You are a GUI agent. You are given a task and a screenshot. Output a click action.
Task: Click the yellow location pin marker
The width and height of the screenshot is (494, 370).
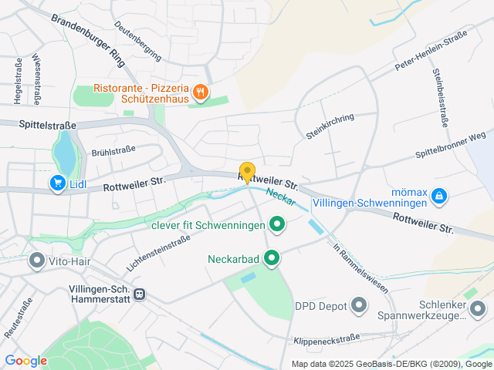click(x=247, y=172)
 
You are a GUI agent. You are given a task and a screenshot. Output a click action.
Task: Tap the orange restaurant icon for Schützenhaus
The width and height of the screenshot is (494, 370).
click(x=200, y=93)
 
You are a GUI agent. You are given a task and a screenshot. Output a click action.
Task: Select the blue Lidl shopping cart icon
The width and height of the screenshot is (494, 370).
click(x=57, y=183)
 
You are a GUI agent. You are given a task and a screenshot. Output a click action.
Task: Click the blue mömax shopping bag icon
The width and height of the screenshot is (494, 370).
click(x=438, y=196)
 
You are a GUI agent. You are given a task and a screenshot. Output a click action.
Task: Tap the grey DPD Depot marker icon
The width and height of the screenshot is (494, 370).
click(x=359, y=306)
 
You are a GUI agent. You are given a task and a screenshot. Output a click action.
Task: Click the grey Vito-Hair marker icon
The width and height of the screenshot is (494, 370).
click(x=36, y=261)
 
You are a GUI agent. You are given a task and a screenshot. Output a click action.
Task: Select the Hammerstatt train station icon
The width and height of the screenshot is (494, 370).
click(x=140, y=293)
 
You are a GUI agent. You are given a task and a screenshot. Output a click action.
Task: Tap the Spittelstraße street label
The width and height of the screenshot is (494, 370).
click(x=48, y=123)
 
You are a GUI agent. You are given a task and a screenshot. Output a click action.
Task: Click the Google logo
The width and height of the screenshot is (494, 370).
click(x=25, y=361)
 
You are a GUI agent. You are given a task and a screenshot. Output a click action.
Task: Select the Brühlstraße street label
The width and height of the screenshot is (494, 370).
click(x=113, y=151)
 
